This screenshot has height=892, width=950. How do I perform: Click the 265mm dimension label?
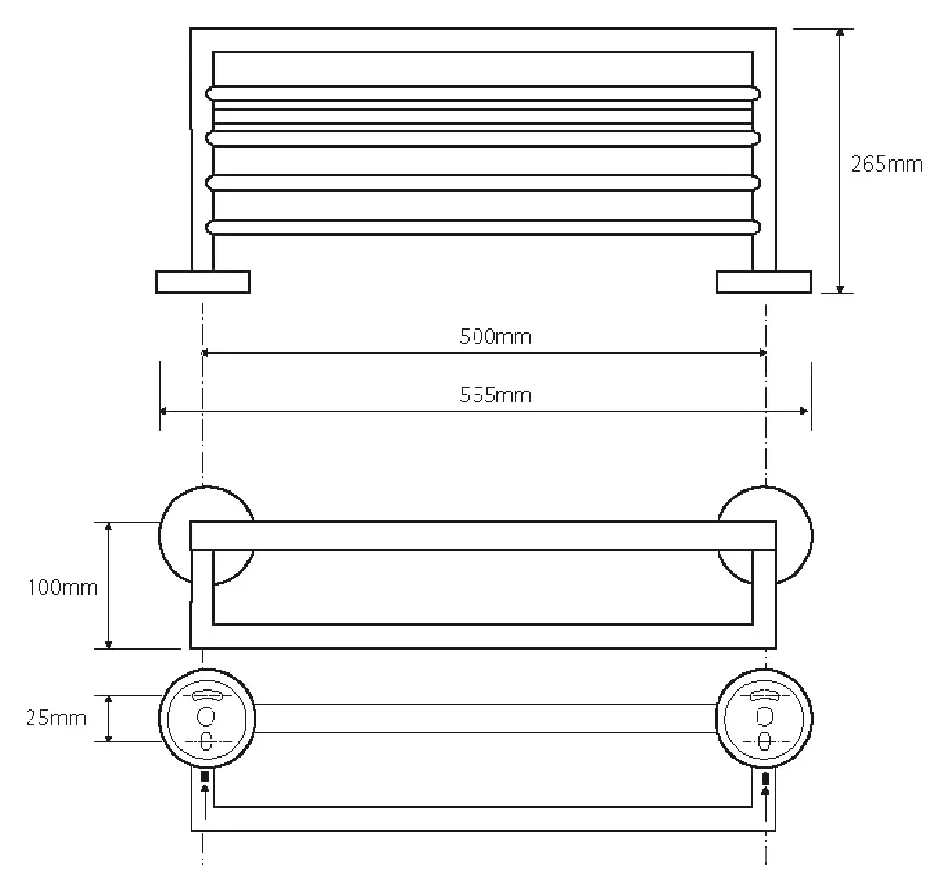pos(886,164)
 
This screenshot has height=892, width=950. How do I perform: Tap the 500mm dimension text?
pos(495,336)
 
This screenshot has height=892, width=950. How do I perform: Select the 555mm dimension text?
pos(495,395)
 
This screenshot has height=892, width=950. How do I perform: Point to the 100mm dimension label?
pos(63,587)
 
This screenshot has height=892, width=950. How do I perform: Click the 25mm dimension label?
pos(55,719)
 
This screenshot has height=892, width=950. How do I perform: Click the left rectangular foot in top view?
pos(203,282)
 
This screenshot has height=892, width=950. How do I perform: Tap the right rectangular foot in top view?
pos(763,282)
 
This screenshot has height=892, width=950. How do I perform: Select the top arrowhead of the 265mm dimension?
pos(839,33)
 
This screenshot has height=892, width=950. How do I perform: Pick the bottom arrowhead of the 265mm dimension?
pos(839,287)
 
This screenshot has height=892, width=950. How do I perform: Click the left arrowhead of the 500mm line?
pos(206,352)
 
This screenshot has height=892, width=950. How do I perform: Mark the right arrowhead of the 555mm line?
pos(804,411)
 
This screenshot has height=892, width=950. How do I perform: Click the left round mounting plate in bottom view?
pos(207,719)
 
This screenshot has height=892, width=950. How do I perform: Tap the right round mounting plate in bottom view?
pos(764,719)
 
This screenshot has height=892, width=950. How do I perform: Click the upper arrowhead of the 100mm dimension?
pos(109,528)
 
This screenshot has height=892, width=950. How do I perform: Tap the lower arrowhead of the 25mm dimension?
pos(109,736)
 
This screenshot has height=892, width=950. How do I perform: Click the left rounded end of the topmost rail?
pos(211,93)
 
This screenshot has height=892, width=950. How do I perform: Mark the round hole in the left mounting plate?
pos(206,718)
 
